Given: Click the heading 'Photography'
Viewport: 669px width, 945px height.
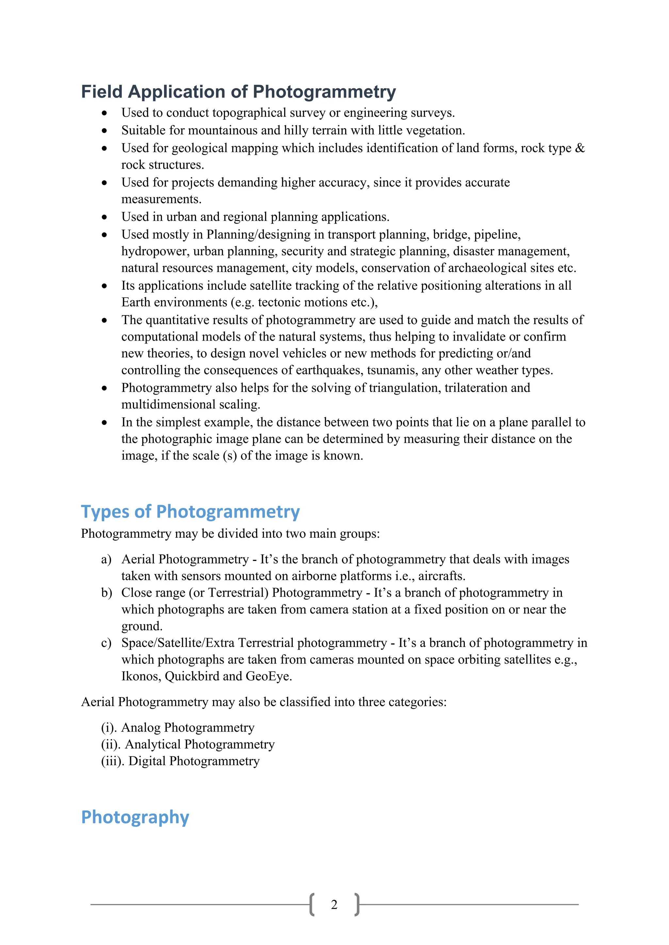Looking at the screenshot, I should click(x=135, y=817).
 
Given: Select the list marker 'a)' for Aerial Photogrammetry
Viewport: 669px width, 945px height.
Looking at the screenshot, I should click(x=106, y=559).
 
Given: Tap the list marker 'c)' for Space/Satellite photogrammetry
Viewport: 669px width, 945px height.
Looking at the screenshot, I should click(x=106, y=643).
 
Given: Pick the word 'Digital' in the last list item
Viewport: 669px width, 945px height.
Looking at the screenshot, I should click(x=147, y=761).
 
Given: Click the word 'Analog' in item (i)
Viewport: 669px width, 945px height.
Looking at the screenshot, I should click(x=141, y=728).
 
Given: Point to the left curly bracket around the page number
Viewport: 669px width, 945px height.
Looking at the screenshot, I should click(x=312, y=905).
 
